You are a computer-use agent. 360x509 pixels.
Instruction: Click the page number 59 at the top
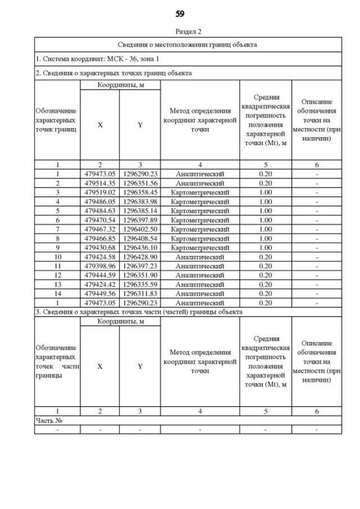tap(180, 13)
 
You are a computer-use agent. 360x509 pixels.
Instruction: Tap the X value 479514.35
tap(100, 183)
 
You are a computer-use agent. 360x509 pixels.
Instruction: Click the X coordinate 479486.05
tap(100, 200)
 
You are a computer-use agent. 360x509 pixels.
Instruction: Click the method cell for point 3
tap(200, 191)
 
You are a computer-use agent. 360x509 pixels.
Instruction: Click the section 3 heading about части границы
tap(139, 312)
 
